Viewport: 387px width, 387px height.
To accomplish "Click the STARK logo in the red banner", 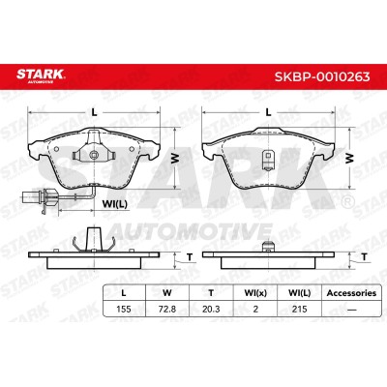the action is pyautogui.click(x=41, y=75).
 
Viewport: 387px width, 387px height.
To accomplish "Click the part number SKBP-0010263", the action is pyautogui.click(x=322, y=76).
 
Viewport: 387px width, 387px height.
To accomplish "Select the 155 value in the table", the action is pyautogui.click(x=124, y=309).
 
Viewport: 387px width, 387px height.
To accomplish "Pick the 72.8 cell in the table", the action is pyautogui.click(x=167, y=309).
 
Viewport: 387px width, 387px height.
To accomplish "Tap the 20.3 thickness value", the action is pyautogui.click(x=211, y=309).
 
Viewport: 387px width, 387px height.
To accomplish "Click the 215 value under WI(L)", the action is pyautogui.click(x=299, y=309).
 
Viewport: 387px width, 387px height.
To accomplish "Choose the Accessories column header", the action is pyautogui.click(x=351, y=293).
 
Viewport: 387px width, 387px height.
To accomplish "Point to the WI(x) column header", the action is pyautogui.click(x=255, y=293).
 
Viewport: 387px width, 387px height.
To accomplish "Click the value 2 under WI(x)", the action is pyautogui.click(x=255, y=309).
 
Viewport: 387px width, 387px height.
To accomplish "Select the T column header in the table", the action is pyautogui.click(x=211, y=293).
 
